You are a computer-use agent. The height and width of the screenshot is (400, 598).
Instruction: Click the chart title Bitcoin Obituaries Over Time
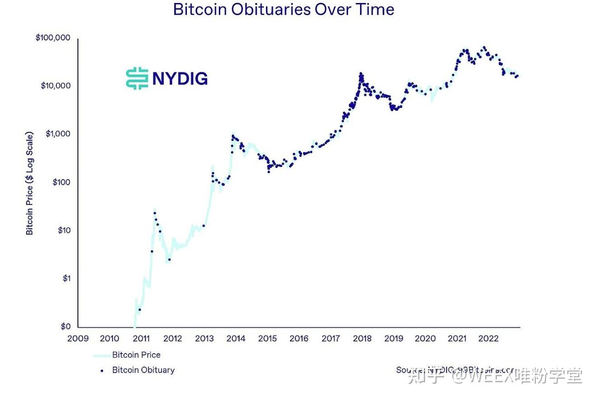tap(283, 10)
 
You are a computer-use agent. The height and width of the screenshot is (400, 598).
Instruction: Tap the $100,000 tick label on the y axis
tap(53, 38)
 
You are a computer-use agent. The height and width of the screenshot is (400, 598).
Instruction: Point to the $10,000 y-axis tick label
tap(55, 86)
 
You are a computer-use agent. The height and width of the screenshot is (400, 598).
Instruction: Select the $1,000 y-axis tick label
tap(58, 134)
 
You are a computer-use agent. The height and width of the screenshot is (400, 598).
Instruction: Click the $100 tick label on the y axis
tap(61, 182)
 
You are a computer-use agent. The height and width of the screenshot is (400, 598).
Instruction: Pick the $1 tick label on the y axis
tap(66, 279)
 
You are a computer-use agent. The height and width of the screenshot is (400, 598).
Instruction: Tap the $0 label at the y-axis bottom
tap(65, 327)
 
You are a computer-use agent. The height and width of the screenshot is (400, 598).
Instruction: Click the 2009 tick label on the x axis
tap(78, 339)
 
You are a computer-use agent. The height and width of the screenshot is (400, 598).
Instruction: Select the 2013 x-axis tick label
tap(204, 339)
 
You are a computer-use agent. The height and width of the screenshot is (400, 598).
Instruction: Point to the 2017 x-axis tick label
tap(331, 339)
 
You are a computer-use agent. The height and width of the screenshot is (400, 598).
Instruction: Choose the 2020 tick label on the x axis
tap(425, 339)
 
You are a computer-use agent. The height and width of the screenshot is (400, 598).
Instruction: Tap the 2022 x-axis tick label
tap(488, 339)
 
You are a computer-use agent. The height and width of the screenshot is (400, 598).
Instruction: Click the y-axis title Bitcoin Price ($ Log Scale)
tap(29, 183)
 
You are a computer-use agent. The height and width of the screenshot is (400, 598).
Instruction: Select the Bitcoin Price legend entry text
tap(136, 355)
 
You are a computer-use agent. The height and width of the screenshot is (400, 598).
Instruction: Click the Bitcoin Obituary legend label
tap(143, 370)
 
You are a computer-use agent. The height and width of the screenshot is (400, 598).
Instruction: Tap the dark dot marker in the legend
tap(102, 371)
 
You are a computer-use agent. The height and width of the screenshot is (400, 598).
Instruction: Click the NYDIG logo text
tap(180, 79)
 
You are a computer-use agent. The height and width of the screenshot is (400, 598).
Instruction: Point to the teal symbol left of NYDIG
tap(137, 79)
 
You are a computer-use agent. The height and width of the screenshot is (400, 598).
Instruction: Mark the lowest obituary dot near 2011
tap(140, 310)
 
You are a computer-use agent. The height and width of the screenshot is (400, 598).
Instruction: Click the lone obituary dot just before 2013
tap(204, 226)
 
